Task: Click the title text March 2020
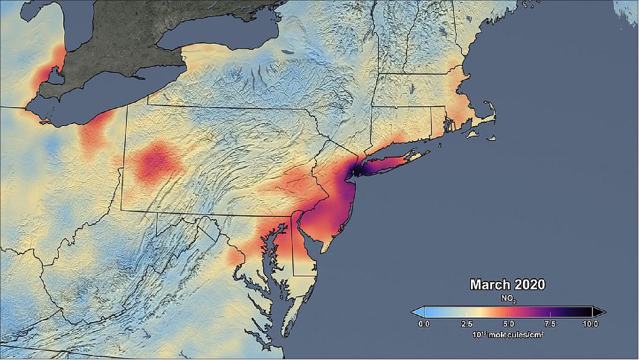pyautogui.click(x=507, y=285)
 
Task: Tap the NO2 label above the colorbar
pyautogui.click(x=508, y=299)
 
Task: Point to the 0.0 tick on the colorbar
pyautogui.click(x=424, y=324)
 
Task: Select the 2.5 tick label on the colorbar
pyautogui.click(x=467, y=324)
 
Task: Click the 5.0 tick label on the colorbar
pyautogui.click(x=508, y=324)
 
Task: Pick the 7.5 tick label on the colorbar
pyautogui.click(x=550, y=324)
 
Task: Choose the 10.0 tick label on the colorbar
pyautogui.click(x=590, y=324)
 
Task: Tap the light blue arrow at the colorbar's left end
pyautogui.click(x=418, y=312)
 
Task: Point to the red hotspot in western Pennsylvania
pyautogui.click(x=157, y=161)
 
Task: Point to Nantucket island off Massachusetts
pyautogui.click(x=492, y=138)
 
